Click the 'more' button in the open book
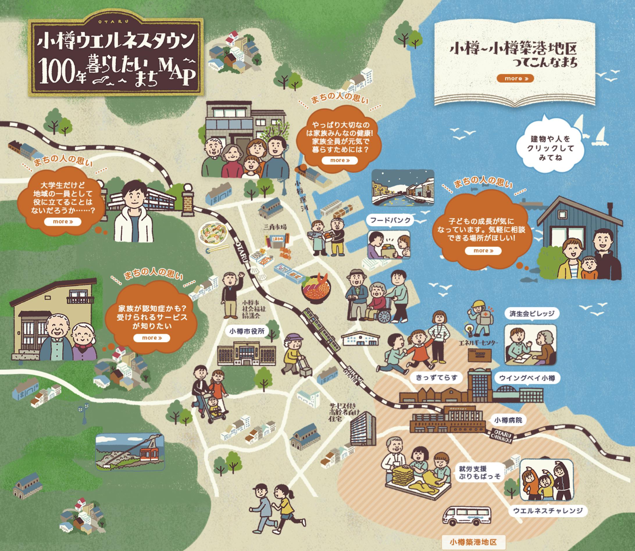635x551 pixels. (515, 79)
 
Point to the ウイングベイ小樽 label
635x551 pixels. (527, 378)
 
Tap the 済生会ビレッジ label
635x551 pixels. (532, 314)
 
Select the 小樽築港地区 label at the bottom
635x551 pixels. (473, 541)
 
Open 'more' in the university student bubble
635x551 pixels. (63, 222)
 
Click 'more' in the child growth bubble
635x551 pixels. (483, 250)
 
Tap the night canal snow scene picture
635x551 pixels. (403, 187)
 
